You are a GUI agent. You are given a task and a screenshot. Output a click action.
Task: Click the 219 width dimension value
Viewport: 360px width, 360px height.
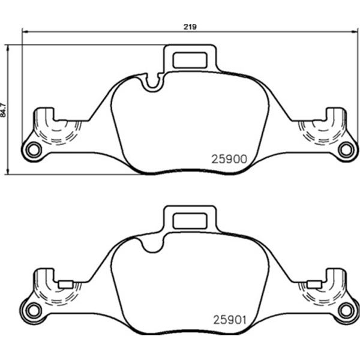coord(190,27)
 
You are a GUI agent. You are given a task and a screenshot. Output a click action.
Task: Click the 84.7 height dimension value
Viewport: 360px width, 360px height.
coord(3,110)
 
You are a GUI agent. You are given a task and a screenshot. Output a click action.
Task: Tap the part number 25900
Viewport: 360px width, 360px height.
coord(229,159)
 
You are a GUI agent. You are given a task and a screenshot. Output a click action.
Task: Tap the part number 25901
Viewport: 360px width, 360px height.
coord(230,320)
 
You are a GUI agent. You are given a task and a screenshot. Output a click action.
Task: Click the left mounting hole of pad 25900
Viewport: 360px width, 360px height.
coord(34,150)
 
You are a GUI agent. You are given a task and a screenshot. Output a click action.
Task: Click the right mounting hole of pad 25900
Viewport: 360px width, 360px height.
coord(346,150)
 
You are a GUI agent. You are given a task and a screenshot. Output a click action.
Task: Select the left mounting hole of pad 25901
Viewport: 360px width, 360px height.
coord(34,311)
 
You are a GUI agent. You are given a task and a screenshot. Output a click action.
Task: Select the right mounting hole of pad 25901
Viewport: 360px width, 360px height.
coord(346,311)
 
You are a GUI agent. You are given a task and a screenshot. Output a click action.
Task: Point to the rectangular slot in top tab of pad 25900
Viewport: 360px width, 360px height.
coord(190,60)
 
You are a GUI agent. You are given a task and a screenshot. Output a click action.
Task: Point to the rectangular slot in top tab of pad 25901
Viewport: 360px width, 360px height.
coord(190,221)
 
